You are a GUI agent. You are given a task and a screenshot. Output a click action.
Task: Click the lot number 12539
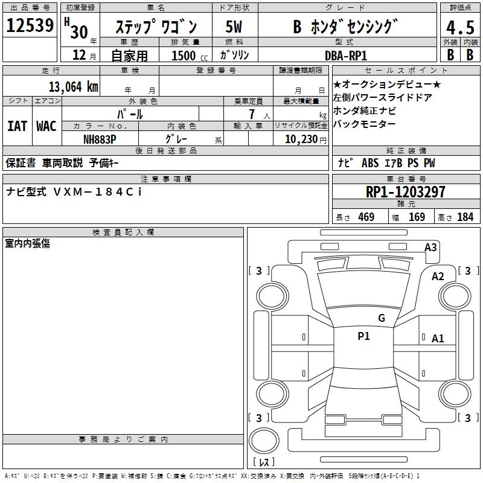click(x=30, y=26)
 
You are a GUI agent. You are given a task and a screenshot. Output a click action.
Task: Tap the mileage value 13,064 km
click(x=73, y=86)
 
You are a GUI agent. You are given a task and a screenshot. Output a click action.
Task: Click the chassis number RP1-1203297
click(x=406, y=192)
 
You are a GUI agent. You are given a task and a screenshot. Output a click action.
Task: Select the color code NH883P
click(x=100, y=139)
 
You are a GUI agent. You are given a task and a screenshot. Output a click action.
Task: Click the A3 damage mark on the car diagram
click(x=430, y=247)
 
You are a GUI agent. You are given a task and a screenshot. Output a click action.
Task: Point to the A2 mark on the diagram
click(x=438, y=276)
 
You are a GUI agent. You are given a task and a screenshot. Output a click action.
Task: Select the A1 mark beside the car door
click(x=438, y=339)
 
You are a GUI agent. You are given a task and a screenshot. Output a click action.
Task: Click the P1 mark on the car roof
click(x=363, y=336)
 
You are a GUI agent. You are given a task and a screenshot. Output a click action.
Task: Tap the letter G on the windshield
click(x=381, y=318)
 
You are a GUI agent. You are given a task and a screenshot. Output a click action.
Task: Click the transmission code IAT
click(x=17, y=126)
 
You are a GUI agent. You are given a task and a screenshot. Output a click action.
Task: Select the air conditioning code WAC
click(x=46, y=126)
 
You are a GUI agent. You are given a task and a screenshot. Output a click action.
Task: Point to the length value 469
click(x=366, y=217)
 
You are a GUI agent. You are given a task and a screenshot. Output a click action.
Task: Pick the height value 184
click(x=465, y=217)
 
